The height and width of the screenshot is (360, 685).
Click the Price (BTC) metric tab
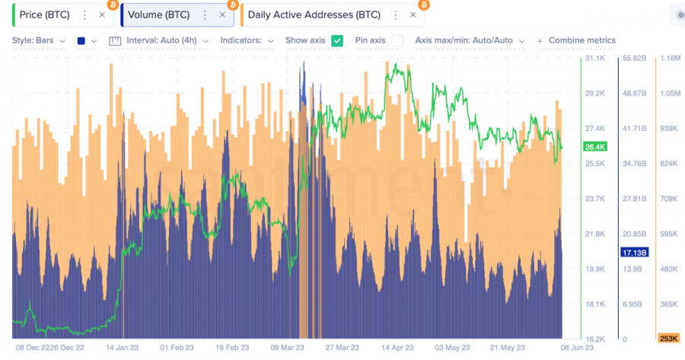(x=46, y=14)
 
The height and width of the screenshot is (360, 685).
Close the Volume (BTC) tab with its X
(x=222, y=14)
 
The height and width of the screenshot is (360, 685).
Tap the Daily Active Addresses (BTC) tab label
(x=314, y=14)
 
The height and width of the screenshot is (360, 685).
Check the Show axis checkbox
(x=337, y=40)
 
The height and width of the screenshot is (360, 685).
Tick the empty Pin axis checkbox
(x=397, y=40)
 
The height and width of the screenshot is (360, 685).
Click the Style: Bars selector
(x=38, y=40)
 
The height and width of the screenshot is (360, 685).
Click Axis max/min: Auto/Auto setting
(x=469, y=40)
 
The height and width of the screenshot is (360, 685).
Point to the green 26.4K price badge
(x=594, y=146)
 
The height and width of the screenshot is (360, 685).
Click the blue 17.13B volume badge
(x=634, y=252)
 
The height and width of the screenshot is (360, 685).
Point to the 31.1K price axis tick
(x=594, y=59)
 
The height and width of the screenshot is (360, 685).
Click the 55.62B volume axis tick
(x=634, y=59)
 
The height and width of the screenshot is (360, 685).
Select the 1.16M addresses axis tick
(x=670, y=59)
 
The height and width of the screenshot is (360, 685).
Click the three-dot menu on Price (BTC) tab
(x=84, y=14)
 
